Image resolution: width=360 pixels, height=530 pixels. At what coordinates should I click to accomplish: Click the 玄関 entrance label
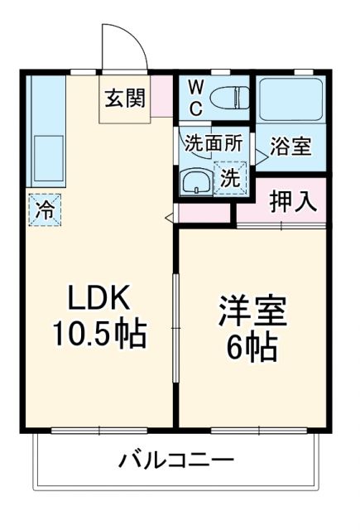pos(125,97)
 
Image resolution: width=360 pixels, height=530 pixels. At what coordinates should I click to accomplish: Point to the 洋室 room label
pos(252,315)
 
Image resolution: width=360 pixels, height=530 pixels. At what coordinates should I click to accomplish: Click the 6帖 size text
pos(252,349)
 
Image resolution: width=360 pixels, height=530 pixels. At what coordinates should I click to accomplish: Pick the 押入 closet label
pos(292,203)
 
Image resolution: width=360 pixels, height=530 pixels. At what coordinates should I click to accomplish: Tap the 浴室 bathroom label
pos(292,147)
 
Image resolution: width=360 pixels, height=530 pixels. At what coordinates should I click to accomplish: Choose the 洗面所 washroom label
pos(214,142)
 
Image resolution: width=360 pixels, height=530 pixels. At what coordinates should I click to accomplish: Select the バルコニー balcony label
pos(175,460)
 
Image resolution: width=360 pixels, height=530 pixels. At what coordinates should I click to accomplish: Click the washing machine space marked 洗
pos(231,176)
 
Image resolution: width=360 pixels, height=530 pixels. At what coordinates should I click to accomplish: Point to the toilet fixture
pos(228,97)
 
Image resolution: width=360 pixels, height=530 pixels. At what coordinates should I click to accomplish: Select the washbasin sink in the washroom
pos(196,180)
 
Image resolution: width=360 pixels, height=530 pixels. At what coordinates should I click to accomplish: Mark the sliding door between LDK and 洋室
pos(175,327)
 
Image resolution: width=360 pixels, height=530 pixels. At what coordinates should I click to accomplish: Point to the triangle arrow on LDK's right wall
pos(170,218)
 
